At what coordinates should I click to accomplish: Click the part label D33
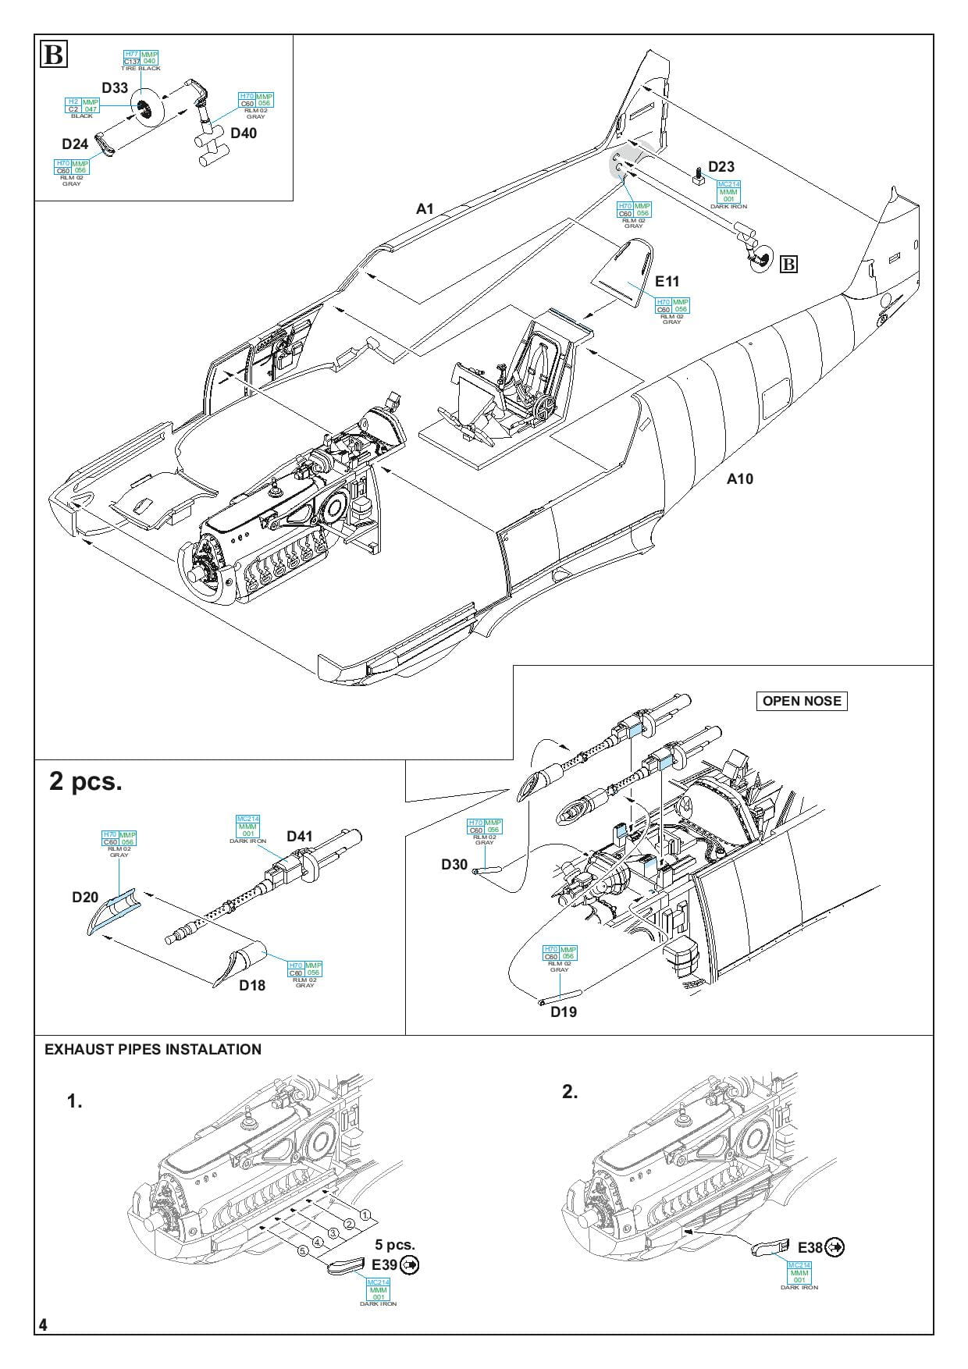tap(115, 88)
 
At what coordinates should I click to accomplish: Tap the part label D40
tap(244, 133)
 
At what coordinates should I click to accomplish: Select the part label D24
tap(75, 144)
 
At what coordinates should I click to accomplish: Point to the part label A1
tap(425, 209)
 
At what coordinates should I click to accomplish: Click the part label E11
tap(667, 282)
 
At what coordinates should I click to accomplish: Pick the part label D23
tap(721, 167)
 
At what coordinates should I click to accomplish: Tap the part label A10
tap(740, 479)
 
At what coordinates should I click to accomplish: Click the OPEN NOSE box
tap(802, 701)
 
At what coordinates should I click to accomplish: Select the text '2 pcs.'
tap(86, 781)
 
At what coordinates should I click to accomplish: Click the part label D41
tap(299, 837)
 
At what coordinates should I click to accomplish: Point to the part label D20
tap(85, 898)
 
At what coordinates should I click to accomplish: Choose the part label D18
tap(252, 986)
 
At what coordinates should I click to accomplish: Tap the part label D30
tap(454, 864)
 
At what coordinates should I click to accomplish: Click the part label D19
tap(563, 1012)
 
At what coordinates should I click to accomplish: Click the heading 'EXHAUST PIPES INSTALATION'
tap(153, 1050)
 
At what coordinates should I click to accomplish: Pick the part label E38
tap(810, 1248)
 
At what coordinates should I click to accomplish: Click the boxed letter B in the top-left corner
tap(54, 56)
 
